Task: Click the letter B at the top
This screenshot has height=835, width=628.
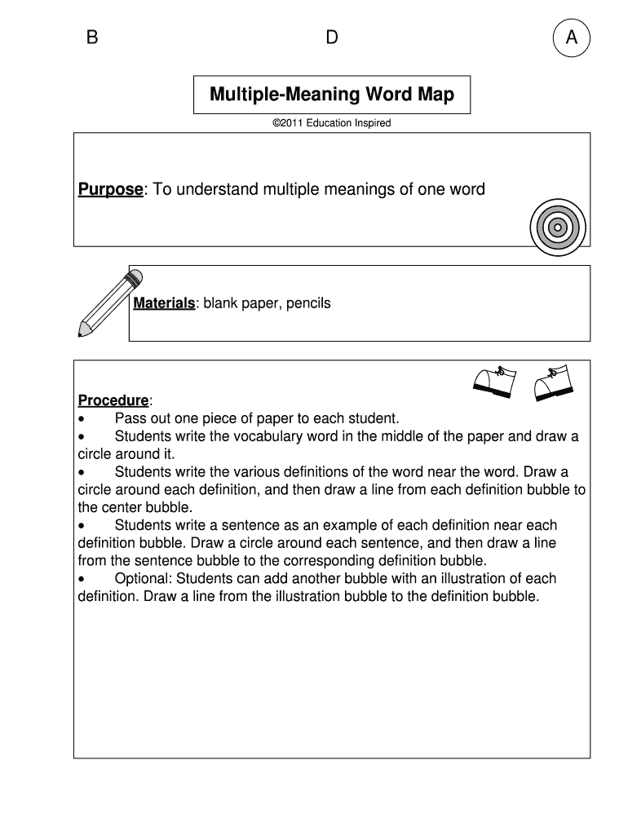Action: coord(92,38)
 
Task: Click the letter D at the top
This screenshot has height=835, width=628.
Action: coord(331,38)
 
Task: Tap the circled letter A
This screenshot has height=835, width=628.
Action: coord(571,38)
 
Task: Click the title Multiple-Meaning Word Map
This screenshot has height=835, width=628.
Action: coord(332,95)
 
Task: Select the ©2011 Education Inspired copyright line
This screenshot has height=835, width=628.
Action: coord(331,123)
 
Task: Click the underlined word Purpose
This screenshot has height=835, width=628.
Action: coord(110,190)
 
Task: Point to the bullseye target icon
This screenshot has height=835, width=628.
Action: coord(557,227)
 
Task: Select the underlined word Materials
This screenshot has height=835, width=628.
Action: coord(164,303)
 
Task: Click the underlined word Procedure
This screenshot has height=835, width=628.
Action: coord(113,400)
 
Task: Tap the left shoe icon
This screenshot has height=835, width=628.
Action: coord(494,382)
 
